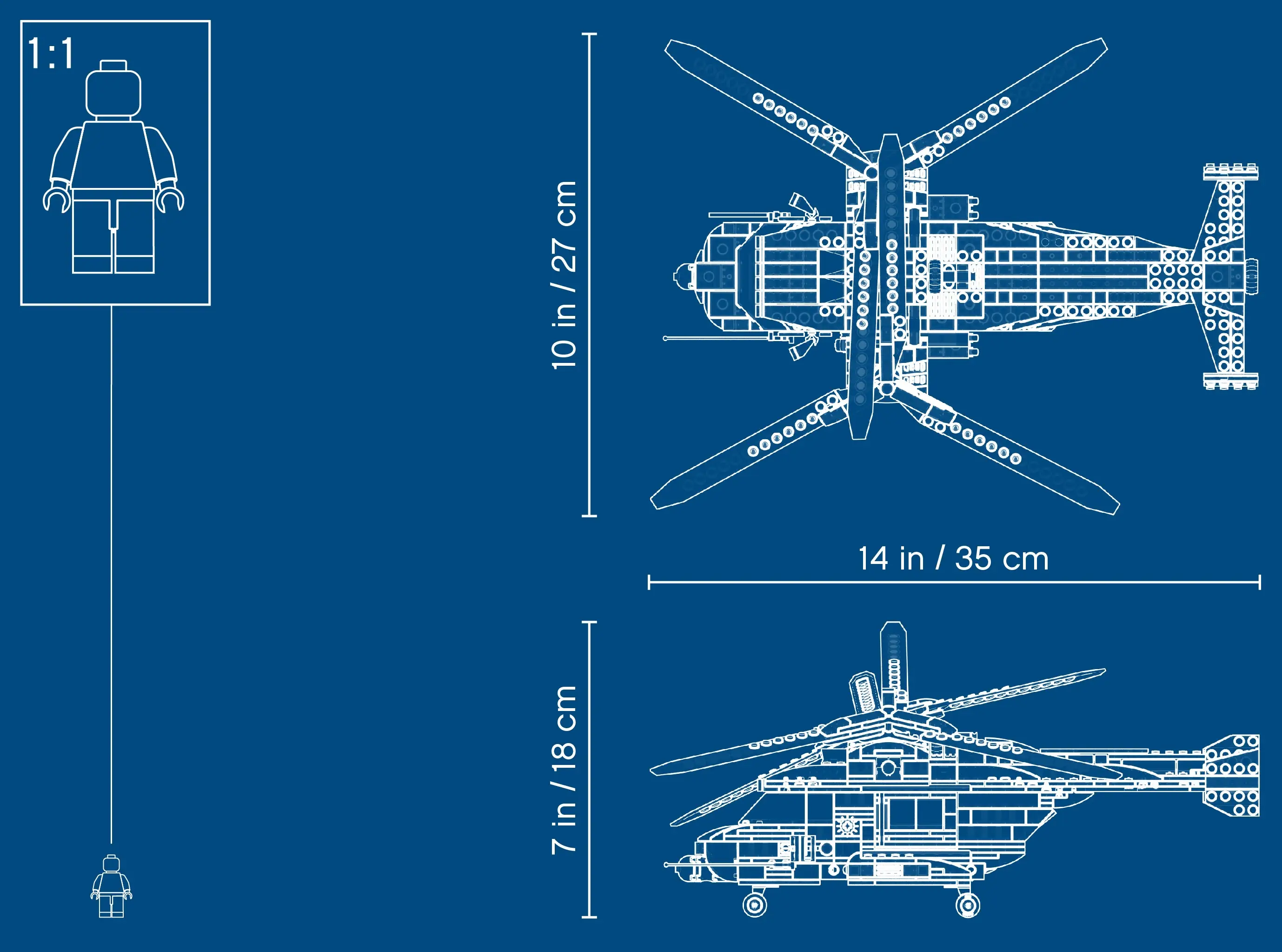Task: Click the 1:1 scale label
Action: [x=51, y=54]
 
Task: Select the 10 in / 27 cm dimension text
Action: [x=564, y=275]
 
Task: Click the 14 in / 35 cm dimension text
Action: [x=953, y=558]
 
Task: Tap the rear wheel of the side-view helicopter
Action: [x=968, y=905]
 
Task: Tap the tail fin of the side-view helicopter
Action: [x=1232, y=775]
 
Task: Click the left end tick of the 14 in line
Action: [x=649, y=582]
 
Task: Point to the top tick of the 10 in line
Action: [x=589, y=34]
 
